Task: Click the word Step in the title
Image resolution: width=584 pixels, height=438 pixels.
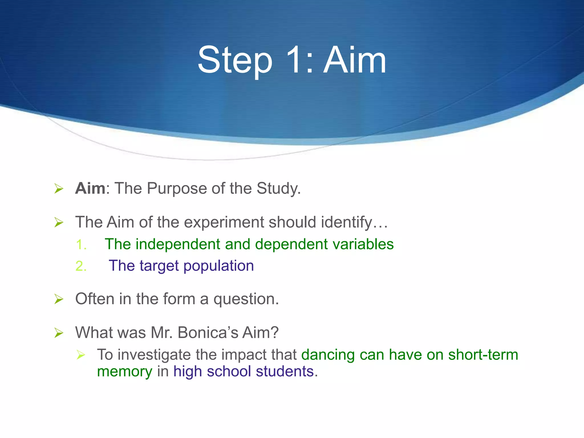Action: (235, 60)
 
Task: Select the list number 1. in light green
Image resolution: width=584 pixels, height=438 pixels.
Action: (81, 245)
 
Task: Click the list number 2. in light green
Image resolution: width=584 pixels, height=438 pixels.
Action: (81, 266)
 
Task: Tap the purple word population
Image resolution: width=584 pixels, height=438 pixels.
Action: (218, 266)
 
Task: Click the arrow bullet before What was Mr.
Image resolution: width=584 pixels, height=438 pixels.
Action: (59, 333)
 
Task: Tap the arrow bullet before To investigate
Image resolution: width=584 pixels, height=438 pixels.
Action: (81, 355)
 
